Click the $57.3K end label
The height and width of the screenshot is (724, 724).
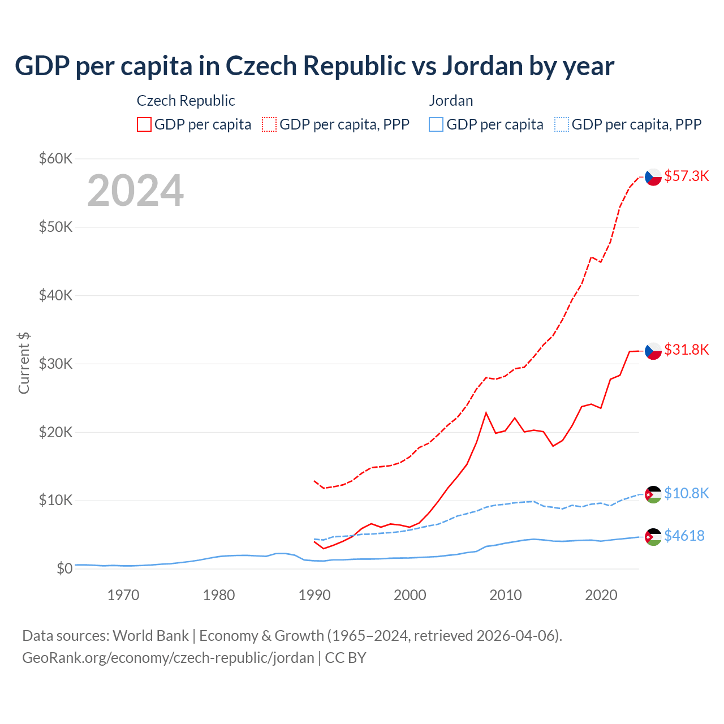686,176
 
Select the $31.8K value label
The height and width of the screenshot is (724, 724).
686,350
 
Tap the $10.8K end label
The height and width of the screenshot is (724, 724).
686,494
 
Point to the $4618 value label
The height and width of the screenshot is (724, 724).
684,536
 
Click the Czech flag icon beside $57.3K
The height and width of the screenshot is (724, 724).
653,177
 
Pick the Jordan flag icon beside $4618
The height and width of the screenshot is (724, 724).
653,537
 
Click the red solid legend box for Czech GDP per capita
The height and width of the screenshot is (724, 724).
144,124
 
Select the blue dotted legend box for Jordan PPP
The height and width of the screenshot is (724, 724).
562,124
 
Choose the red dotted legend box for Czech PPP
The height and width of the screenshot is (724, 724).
269,124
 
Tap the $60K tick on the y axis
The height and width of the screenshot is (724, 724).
55,158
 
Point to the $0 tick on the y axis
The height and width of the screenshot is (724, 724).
64,569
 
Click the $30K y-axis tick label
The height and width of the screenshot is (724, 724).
55,364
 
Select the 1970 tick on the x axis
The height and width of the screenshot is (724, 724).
123,595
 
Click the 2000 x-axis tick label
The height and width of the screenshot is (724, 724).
410,595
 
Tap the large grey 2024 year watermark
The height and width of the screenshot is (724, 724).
135,191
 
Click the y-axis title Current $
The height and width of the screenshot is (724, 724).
24,363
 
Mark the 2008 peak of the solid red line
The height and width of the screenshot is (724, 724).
486,413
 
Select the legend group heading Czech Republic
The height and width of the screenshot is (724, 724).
186,101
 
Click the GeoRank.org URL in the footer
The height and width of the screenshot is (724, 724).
168,658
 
